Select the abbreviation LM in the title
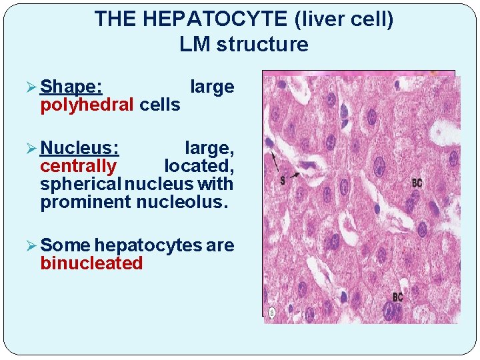[x=194, y=45]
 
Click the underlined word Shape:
[x=71, y=87]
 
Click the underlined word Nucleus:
[x=79, y=147]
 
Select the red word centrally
[x=78, y=165]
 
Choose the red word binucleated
[x=91, y=263]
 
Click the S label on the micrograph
[x=283, y=181]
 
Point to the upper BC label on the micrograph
[x=417, y=183]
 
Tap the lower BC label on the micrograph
[x=397, y=297]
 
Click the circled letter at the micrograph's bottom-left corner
[x=272, y=313]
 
